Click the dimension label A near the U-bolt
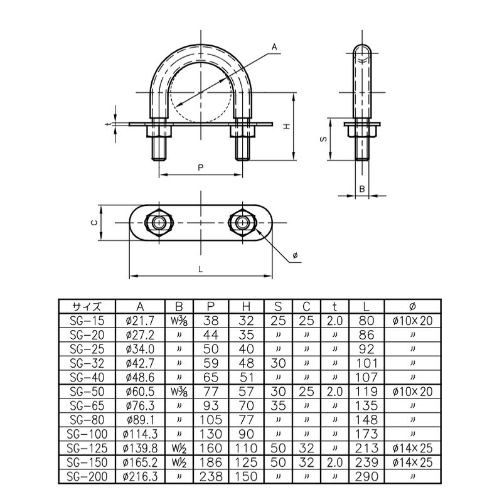(274, 48)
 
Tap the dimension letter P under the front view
(201, 168)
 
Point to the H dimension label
(287, 126)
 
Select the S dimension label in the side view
(324, 139)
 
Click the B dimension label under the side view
(362, 189)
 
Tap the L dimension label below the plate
(201, 270)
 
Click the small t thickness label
(109, 124)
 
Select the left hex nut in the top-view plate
(159, 223)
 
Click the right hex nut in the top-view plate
(242, 223)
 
